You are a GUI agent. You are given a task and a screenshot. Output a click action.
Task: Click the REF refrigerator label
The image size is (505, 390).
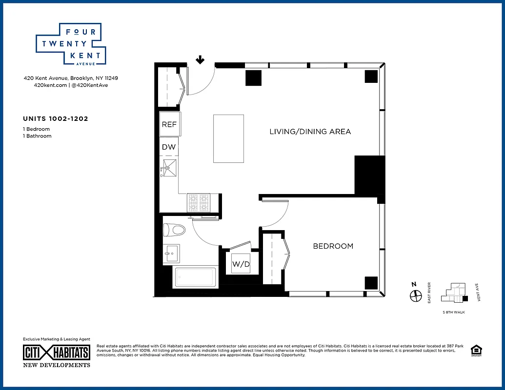pos(169,124)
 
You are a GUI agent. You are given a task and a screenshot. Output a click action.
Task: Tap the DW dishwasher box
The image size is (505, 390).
pos(169,147)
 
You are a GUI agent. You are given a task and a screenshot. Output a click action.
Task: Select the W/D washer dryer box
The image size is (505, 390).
pos(241,265)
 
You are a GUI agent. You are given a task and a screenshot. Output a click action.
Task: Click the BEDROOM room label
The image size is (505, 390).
pos(333,246)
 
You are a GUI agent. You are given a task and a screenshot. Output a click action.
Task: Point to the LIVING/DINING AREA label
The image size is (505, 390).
pos(310,132)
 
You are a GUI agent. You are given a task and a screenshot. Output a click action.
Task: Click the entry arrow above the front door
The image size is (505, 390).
pos(200,60)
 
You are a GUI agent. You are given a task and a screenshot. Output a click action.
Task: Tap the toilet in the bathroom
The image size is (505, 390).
pos(175,229)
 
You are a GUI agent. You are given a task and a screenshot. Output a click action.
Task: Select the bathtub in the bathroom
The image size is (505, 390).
pos(195,277)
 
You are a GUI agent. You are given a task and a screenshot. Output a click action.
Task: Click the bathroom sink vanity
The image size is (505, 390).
pos(171,253)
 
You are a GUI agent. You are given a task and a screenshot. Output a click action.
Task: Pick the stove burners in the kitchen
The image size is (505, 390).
pos(199,202)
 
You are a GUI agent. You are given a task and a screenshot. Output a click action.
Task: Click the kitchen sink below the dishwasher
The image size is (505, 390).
pos(169,168)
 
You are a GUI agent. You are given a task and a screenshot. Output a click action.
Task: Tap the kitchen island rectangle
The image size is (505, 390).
pos(228,138)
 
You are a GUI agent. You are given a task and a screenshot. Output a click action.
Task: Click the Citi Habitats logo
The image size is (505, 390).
pos(57,352)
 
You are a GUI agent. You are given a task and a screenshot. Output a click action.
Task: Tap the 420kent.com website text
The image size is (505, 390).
pos(46,85)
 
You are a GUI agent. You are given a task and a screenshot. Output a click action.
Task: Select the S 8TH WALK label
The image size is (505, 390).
pos(453,312)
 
